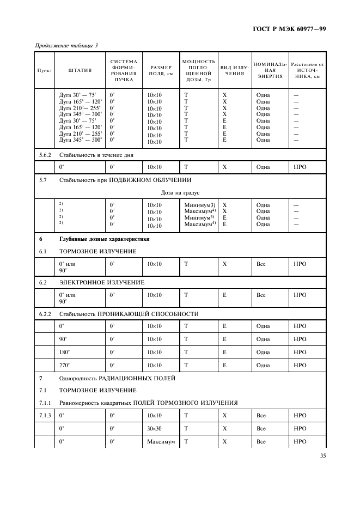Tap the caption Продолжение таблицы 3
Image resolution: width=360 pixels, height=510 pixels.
(x=66, y=45)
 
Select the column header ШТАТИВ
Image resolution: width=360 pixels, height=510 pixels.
(x=80, y=70)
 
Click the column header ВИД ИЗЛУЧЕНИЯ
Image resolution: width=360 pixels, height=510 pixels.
(x=234, y=70)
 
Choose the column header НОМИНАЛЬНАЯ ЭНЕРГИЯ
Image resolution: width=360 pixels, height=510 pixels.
(x=270, y=70)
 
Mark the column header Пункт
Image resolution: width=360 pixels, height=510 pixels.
(x=45, y=71)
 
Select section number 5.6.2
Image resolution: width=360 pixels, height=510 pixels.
(x=45, y=155)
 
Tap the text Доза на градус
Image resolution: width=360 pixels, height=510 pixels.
(x=180, y=192)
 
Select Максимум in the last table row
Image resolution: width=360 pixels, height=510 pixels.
(x=161, y=441)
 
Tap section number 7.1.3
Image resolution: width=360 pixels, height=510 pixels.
(x=45, y=415)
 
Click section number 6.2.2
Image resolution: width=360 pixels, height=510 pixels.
(x=45, y=314)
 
